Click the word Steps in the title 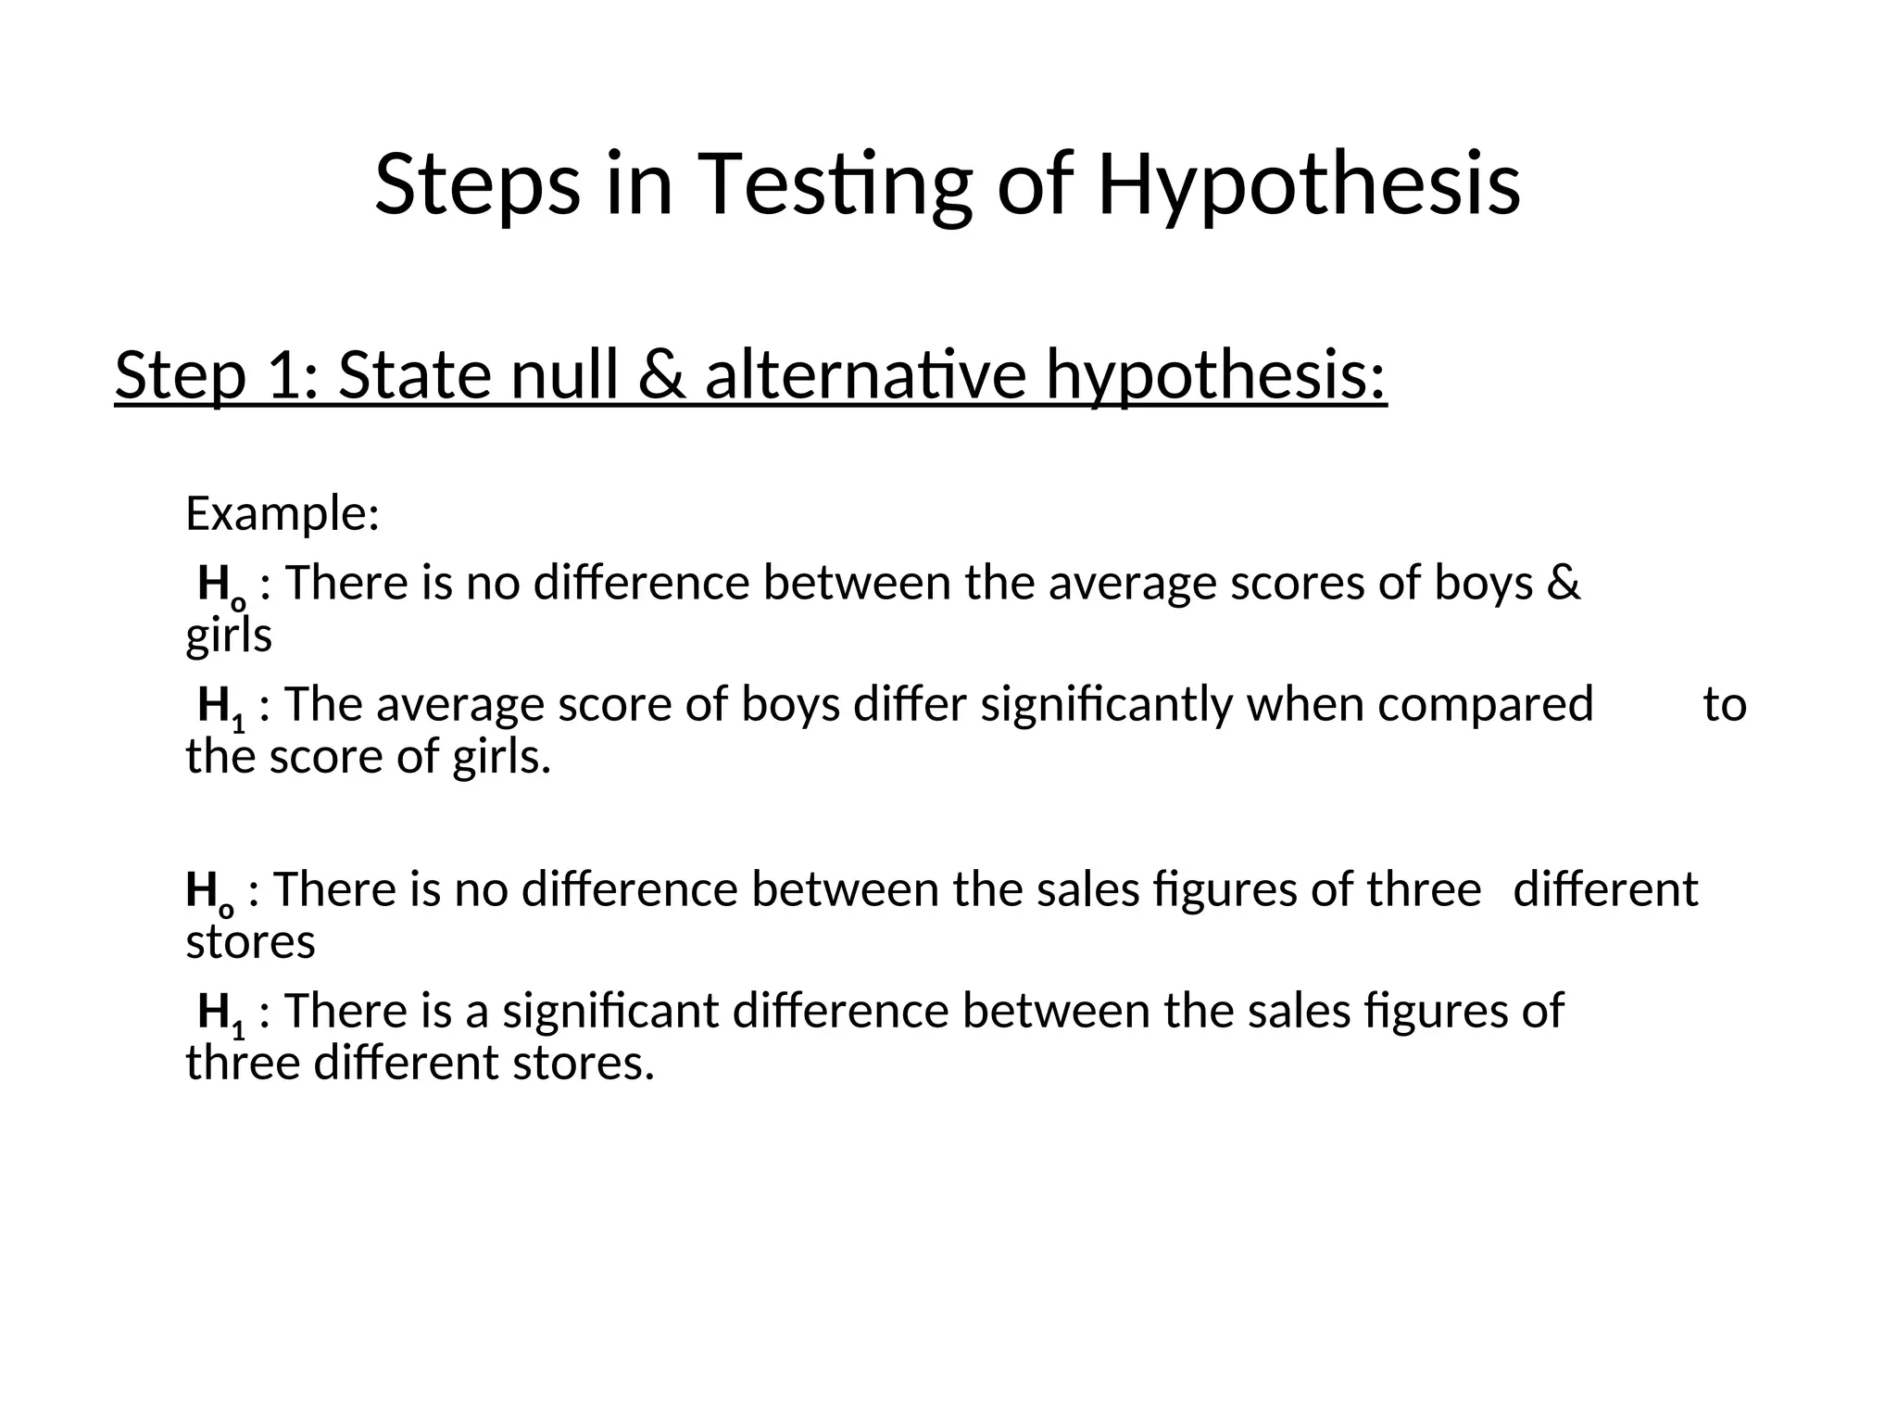477,185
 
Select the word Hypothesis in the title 1308,185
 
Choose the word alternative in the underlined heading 865,375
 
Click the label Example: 283,513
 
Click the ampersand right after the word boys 1564,584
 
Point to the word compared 1485,705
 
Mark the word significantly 1107,705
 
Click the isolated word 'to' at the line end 1725,705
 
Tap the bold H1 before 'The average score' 220,707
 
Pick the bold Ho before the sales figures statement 208,892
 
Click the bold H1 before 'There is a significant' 220,1013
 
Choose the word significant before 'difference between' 610,1011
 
